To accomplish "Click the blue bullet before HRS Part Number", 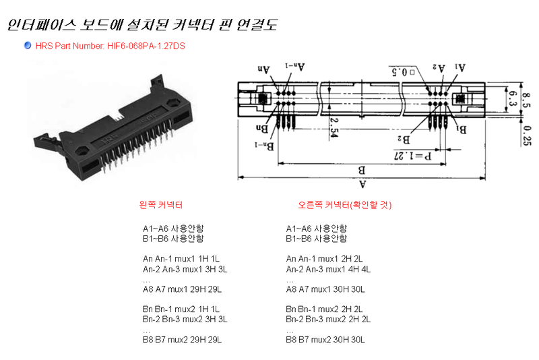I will [x=27, y=45].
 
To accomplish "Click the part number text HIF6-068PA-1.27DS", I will [x=146, y=46].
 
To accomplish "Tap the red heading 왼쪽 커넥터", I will [x=160, y=205].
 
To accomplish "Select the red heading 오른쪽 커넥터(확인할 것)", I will [x=344, y=205].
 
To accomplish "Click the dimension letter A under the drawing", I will [x=363, y=183].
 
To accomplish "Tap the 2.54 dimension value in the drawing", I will [x=334, y=127].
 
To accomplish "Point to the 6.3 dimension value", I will [x=513, y=100].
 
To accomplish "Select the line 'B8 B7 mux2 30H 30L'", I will [x=325, y=340].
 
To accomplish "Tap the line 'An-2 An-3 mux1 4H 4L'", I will [x=328, y=269].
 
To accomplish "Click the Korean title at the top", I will [x=142, y=25].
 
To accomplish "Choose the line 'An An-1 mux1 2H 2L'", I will [x=325, y=259].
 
